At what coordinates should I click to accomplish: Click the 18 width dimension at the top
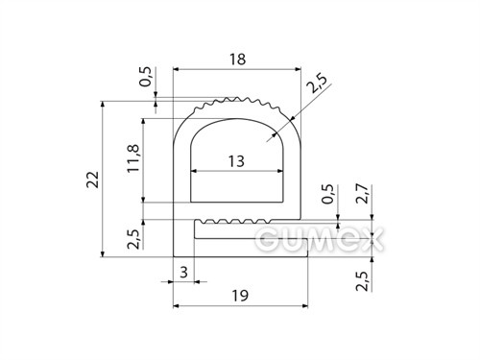[237, 60]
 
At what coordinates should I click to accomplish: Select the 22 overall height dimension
[93, 180]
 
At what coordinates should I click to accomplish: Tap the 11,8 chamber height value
[133, 158]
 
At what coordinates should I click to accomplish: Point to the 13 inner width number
[236, 161]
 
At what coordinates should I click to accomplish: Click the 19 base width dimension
[240, 296]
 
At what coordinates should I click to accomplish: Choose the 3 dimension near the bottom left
[183, 273]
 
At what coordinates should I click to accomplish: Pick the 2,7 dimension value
[364, 194]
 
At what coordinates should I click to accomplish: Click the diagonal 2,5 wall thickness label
[316, 84]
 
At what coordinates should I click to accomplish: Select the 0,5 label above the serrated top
[145, 77]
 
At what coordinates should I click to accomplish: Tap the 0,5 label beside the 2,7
[328, 195]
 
